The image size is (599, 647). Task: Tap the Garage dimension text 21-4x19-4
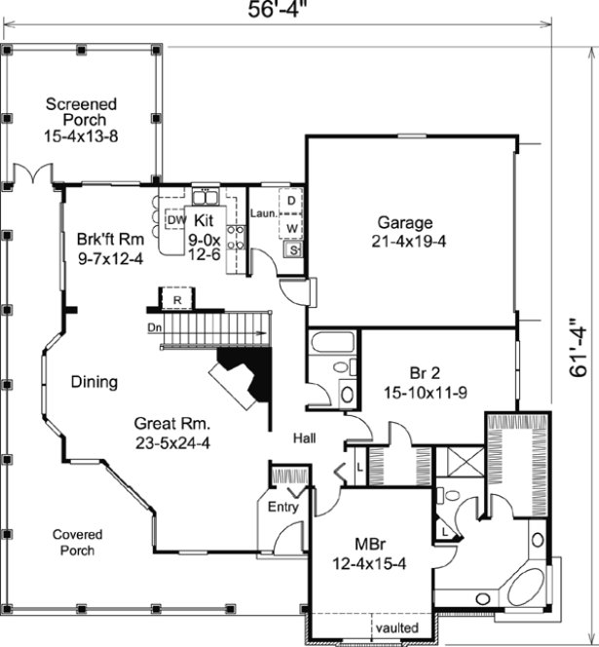click(408, 242)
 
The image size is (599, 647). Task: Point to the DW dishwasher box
click(176, 220)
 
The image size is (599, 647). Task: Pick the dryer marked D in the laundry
click(291, 201)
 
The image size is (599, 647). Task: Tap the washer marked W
click(291, 227)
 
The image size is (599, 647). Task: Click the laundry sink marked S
click(291, 250)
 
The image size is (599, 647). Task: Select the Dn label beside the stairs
click(154, 327)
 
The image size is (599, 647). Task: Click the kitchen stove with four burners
click(235, 237)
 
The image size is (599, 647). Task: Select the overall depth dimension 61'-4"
click(579, 348)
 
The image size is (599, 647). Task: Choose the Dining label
click(94, 383)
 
